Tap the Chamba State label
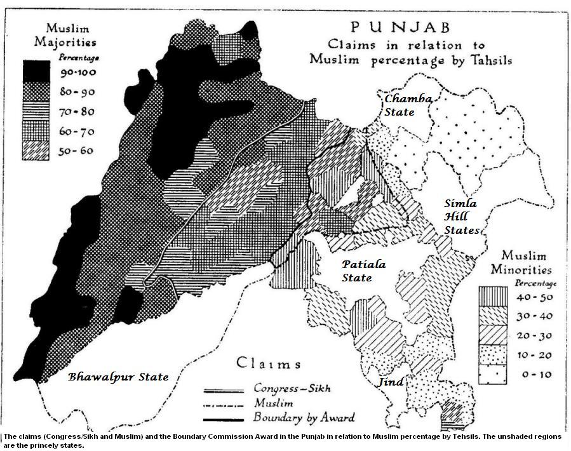click(408, 105)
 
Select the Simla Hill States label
click(460, 217)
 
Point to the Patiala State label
click(363, 271)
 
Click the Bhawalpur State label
click(118, 377)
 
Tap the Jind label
click(391, 382)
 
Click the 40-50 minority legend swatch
click(493, 296)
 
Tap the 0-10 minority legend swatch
click(493, 375)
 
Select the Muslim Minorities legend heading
click(518, 262)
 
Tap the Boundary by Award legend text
click(304, 417)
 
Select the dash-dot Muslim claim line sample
click(224, 403)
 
